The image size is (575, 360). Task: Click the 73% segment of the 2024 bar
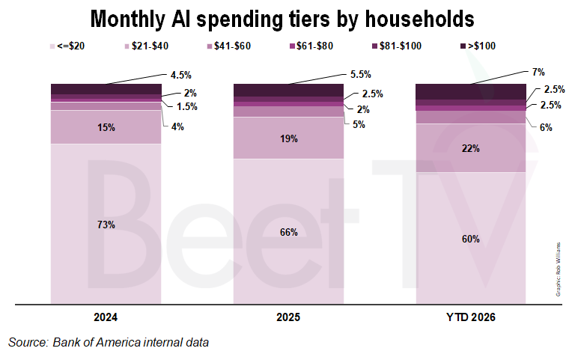[106, 224]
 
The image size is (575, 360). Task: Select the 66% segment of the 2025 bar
[289, 232]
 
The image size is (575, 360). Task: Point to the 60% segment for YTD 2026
[471, 239]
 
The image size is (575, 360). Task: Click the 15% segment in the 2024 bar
[106, 127]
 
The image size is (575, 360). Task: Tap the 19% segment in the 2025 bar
[289, 138]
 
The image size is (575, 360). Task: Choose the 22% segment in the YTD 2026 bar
[471, 148]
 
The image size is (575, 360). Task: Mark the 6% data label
[547, 128]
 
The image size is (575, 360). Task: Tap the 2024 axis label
[106, 318]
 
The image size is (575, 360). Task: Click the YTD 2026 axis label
[471, 318]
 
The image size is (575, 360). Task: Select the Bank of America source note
[108, 343]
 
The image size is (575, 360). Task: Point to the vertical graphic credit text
[559, 268]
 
